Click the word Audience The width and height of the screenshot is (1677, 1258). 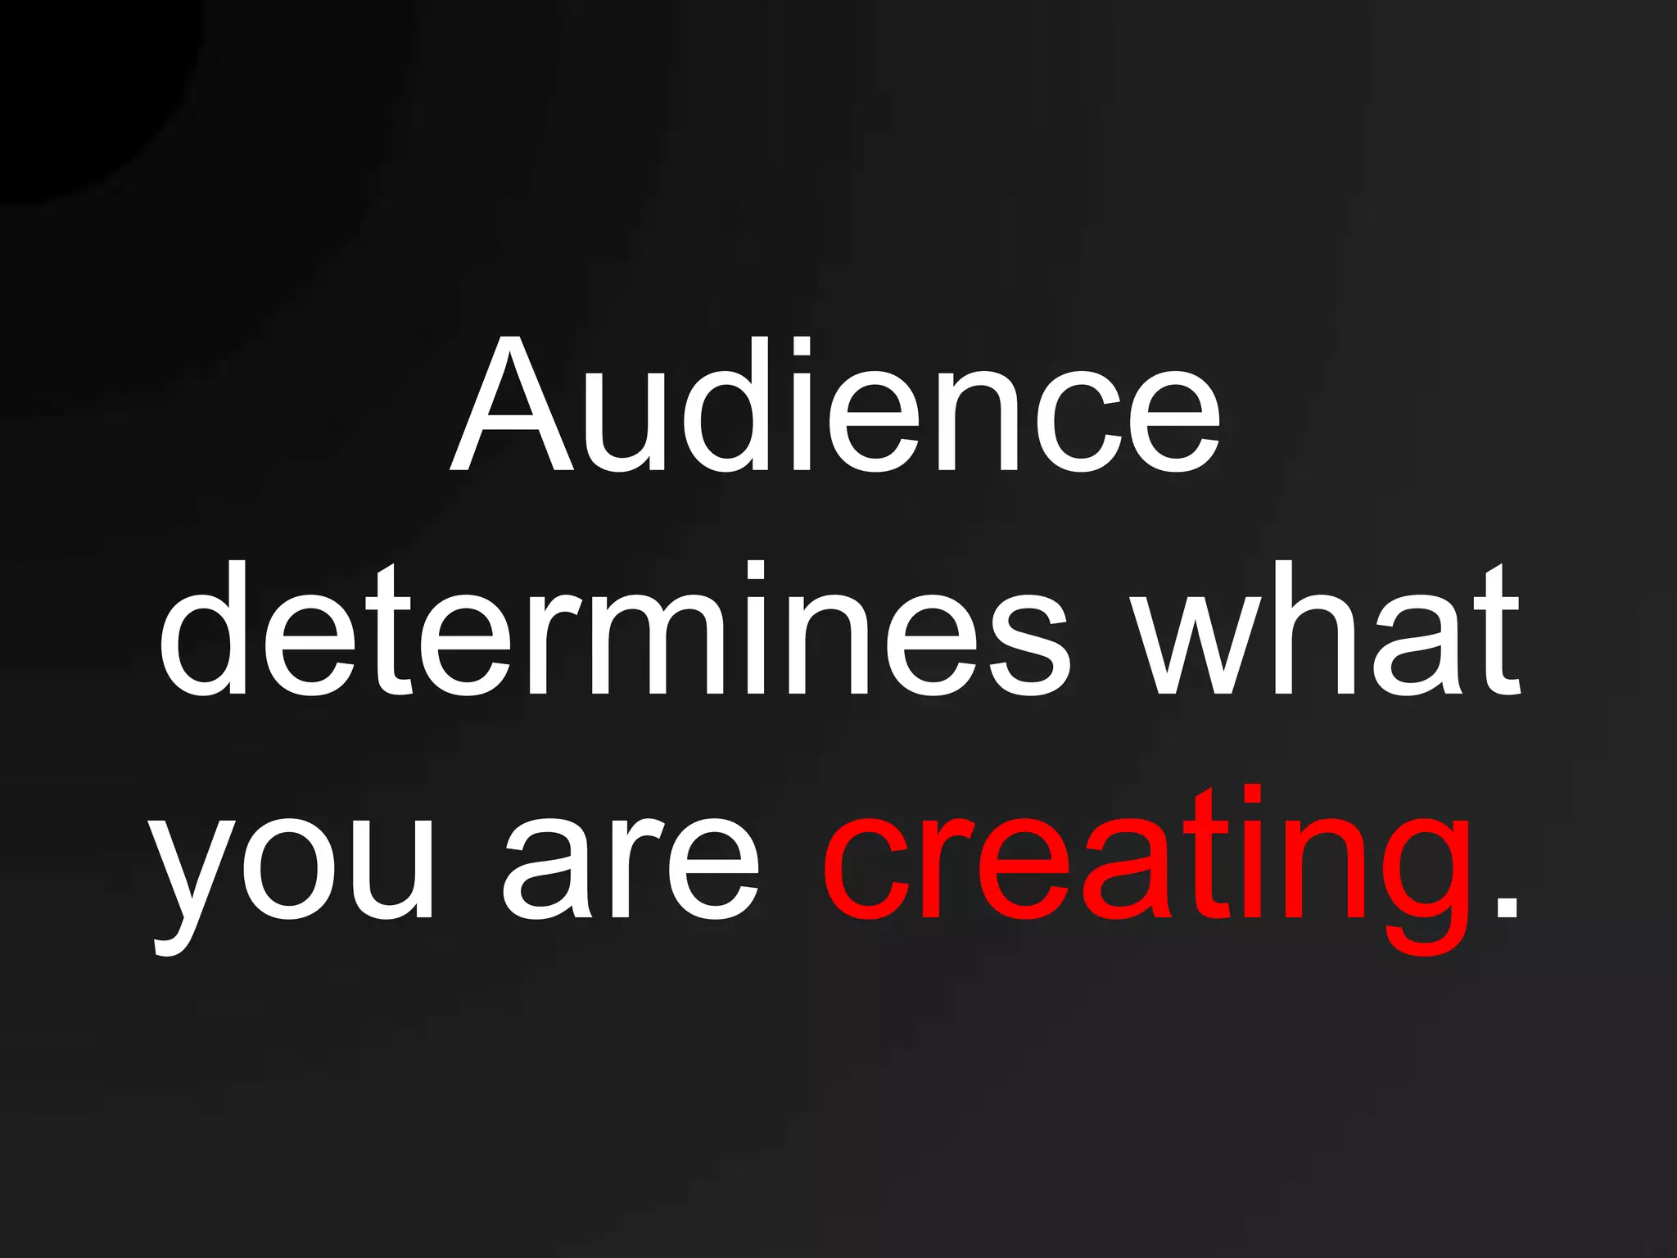pyautogui.click(x=835, y=406)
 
